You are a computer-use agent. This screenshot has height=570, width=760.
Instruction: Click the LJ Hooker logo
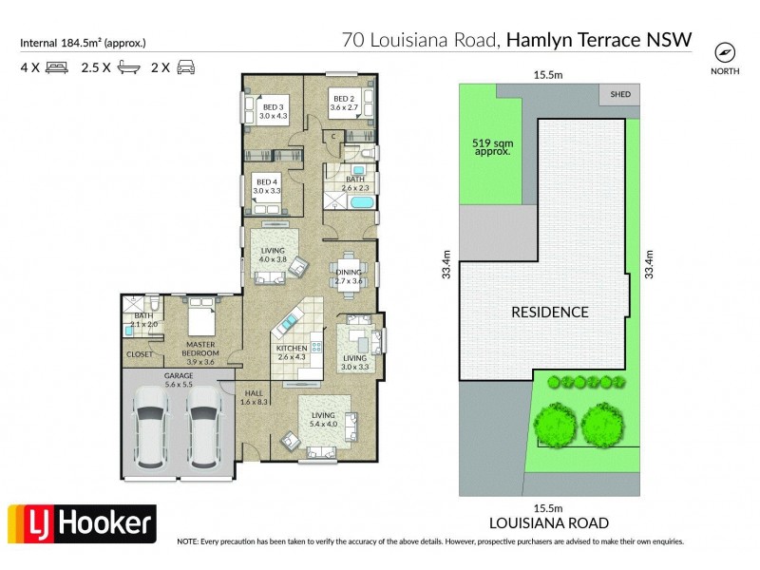coord(82,523)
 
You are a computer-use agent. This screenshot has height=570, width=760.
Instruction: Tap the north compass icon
coord(726,51)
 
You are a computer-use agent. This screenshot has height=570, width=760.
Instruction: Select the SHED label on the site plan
coord(620,94)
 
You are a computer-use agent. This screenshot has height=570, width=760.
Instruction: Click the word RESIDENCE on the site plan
coord(549,312)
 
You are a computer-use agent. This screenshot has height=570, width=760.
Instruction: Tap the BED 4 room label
coord(266,186)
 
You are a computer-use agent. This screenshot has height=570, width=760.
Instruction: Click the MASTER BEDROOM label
coord(200,352)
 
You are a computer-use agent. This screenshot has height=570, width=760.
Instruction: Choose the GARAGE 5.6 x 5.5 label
coord(178,379)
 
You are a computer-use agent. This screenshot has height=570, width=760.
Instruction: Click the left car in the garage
coord(152,432)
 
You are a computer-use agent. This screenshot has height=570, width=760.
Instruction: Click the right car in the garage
coord(203,432)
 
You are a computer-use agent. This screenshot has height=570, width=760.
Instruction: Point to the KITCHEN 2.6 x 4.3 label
coord(292,352)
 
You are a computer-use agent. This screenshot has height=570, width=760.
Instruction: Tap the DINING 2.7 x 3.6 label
coord(349,276)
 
